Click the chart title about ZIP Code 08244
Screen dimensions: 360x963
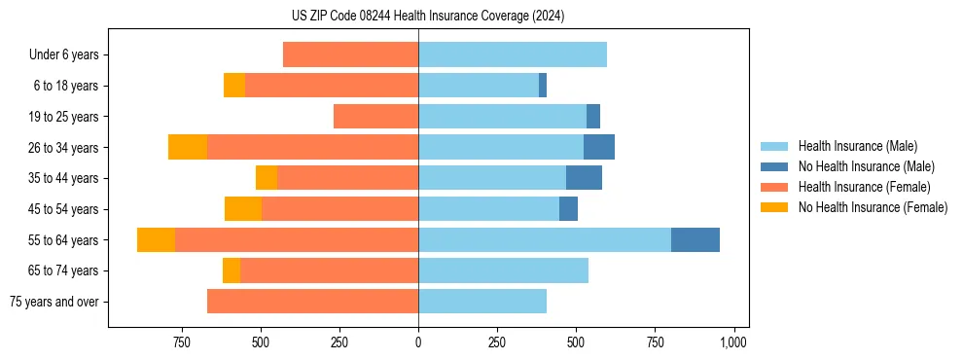tap(428, 16)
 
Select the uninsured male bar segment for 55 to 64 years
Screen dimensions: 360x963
tap(695, 239)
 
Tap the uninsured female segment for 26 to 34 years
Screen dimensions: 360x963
tap(188, 147)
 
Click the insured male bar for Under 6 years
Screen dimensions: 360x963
tap(513, 54)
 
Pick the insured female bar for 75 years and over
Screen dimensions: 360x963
tap(312, 302)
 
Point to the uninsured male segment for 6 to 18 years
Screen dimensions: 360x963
tap(543, 86)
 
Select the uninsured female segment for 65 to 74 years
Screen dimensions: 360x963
tap(232, 270)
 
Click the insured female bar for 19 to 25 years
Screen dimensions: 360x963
tap(375, 117)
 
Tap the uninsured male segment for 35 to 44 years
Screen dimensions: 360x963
tap(584, 178)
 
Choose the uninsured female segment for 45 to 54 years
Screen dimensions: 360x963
tap(243, 209)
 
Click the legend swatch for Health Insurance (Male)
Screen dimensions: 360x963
tap(774, 146)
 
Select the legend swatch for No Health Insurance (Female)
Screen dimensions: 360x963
tap(774, 207)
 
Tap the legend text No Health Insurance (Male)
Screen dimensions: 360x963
tap(866, 166)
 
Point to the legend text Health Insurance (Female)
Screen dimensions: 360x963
tap(864, 187)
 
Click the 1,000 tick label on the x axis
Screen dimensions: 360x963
tap(733, 342)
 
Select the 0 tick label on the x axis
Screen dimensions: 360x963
tap(418, 342)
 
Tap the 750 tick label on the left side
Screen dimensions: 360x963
tap(181, 342)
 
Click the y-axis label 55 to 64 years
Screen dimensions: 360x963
tap(64, 240)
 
